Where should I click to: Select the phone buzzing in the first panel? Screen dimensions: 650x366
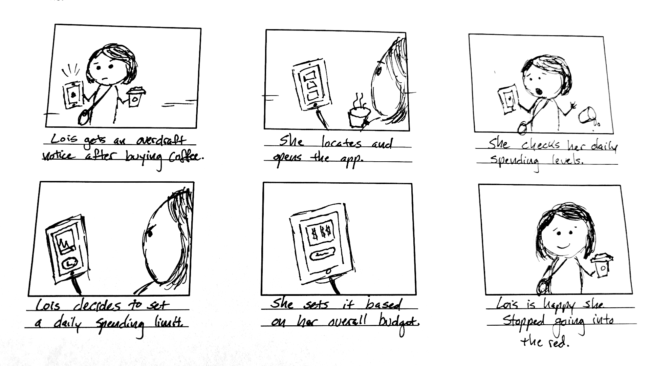(73, 95)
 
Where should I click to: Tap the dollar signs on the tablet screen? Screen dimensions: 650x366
(320, 233)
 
